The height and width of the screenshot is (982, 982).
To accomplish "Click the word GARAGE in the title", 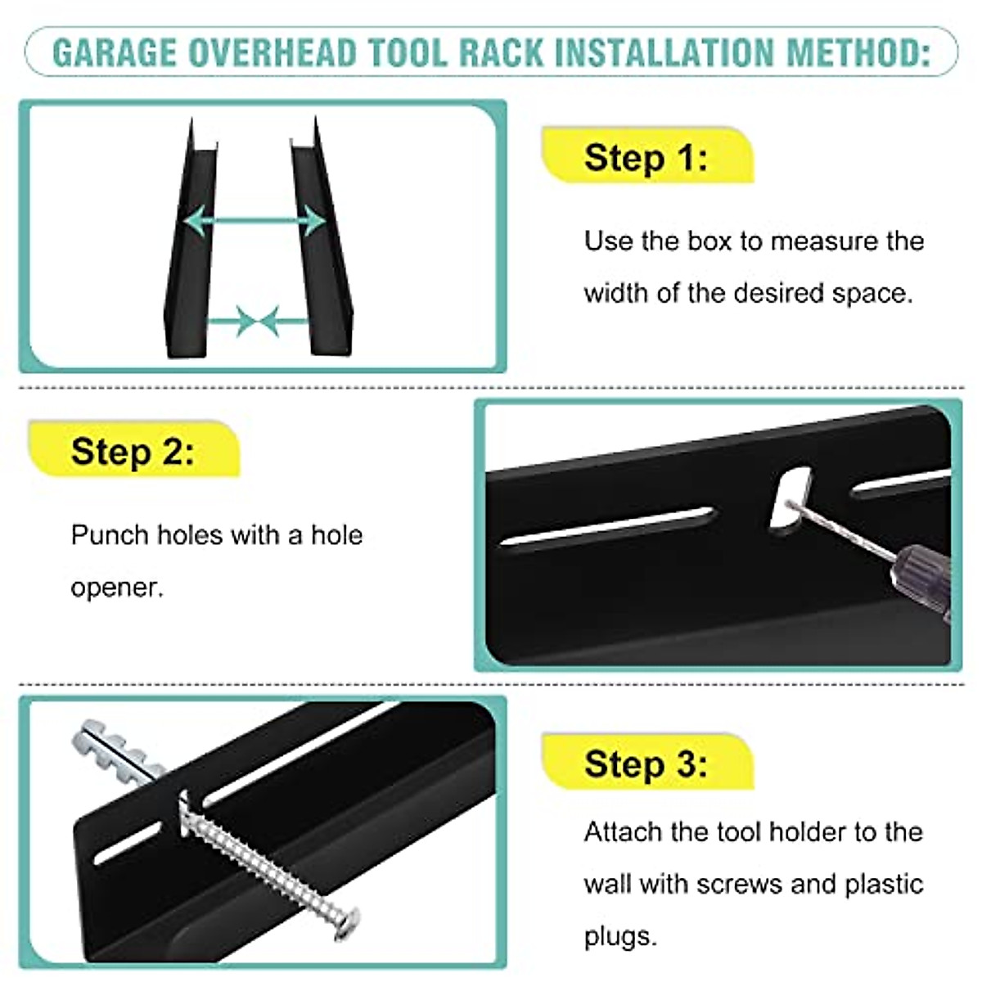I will [115, 52].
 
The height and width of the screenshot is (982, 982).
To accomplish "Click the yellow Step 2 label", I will [133, 451].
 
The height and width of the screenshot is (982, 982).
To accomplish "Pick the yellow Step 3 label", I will [646, 764].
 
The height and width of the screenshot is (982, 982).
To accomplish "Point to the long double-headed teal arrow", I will [255, 221].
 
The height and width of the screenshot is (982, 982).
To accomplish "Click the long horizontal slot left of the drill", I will [606, 526].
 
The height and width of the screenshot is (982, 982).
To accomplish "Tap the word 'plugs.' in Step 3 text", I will [620, 936].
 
